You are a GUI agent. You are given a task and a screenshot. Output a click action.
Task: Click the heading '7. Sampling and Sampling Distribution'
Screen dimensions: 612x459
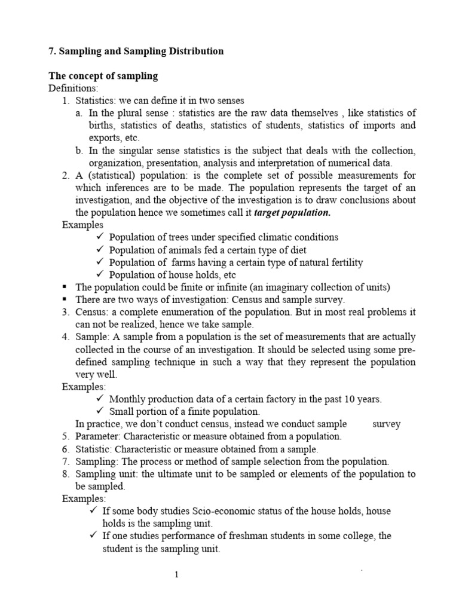136,51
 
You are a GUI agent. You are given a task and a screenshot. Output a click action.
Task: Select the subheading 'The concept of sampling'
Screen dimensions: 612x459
103,75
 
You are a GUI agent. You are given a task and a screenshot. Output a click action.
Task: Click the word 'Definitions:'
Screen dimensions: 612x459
72,88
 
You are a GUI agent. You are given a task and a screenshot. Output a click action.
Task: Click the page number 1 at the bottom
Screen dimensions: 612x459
176,575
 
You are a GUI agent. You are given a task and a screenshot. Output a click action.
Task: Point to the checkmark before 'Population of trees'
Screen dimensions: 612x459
100,237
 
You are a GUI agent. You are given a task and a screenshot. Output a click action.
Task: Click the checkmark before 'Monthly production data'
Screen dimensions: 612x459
100,399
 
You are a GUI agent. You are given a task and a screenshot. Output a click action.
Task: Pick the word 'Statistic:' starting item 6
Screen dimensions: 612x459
94,449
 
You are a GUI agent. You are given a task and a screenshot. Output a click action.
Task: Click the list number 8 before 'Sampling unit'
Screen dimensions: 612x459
66,475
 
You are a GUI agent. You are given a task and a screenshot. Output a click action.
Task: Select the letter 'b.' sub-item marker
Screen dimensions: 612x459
79,151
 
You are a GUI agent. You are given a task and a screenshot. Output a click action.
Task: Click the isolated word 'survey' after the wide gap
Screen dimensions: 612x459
386,424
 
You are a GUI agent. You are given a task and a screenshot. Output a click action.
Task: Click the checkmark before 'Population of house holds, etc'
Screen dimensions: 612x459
100,275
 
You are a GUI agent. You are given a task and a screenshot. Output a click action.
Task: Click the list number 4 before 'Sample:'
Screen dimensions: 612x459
66,337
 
